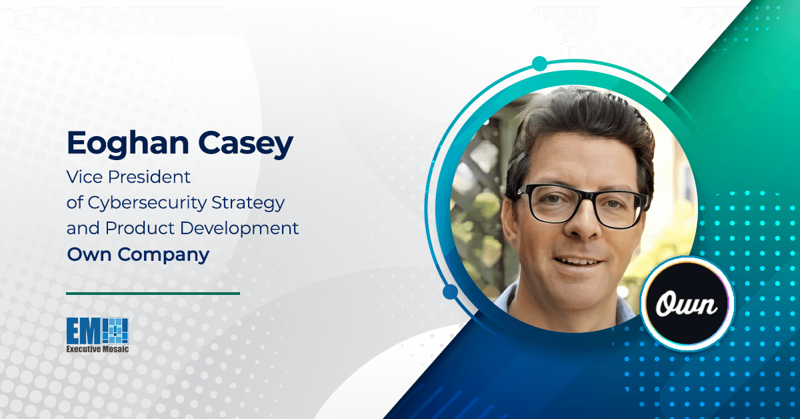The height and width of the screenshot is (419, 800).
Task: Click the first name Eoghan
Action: (x=128, y=143)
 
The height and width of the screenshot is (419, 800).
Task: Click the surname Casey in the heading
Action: (x=246, y=143)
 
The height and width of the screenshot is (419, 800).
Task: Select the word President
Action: (x=149, y=177)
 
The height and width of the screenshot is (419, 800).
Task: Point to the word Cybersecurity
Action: (x=147, y=203)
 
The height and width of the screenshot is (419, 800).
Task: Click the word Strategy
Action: (x=248, y=203)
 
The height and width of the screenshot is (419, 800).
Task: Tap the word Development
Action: (x=239, y=229)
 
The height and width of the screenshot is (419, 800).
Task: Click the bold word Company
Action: (x=163, y=256)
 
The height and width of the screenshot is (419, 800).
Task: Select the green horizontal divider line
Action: (x=153, y=294)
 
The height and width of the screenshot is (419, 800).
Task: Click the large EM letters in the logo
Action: (x=83, y=331)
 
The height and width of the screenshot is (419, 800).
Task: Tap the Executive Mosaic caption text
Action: (x=97, y=349)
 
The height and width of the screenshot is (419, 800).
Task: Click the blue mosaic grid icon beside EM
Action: (x=115, y=331)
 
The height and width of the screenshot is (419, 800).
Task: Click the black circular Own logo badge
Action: (x=687, y=304)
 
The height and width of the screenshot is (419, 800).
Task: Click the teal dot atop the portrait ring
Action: (x=539, y=63)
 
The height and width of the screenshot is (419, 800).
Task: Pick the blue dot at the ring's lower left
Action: (x=451, y=292)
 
